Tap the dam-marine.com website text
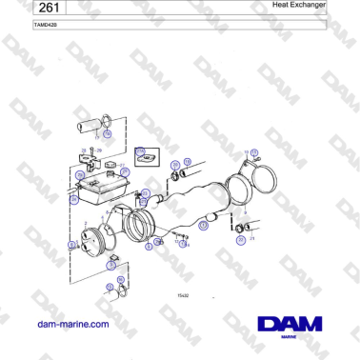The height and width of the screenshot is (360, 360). [72, 324]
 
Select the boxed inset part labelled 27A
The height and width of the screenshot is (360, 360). [146, 157]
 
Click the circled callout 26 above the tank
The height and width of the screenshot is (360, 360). [82, 174]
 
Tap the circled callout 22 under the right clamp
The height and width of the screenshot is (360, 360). [241, 240]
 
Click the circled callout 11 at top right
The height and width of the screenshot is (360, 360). [253, 151]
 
